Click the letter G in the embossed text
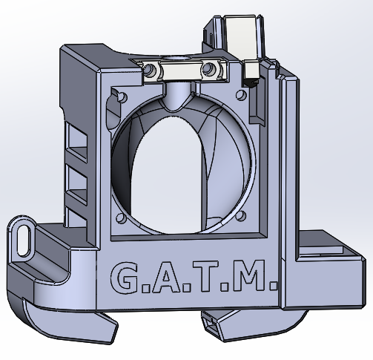pos(124,278)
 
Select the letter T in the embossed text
pos(205,276)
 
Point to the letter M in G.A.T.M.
pos(248,275)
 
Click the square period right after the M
pos(272,285)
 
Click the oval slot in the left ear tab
pos(24,240)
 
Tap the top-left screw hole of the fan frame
pos(122,97)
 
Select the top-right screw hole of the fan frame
pos(241,95)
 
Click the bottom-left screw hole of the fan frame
pos(121,218)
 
